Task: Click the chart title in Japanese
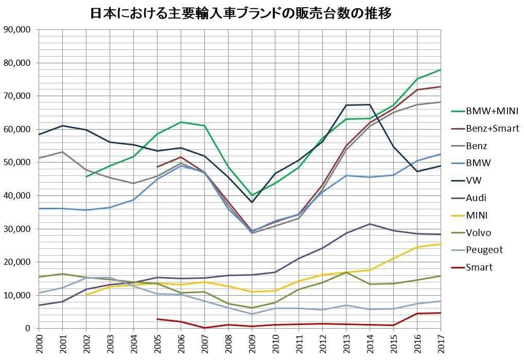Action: pyautogui.click(x=241, y=13)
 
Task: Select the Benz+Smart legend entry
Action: pyautogui.click(x=492, y=128)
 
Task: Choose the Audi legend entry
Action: pyautogui.click(x=476, y=198)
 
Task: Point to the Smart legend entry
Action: pyautogui.click(x=479, y=267)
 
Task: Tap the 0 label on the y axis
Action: pyautogui.click(x=28, y=329)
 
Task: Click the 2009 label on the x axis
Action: pyautogui.click(x=252, y=343)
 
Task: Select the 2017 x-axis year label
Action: pyautogui.click(x=441, y=343)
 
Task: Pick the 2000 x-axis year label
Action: pyautogui.click(x=39, y=343)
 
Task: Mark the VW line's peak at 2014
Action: pyautogui.click(x=370, y=104)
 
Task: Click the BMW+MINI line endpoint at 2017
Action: pyautogui.click(x=441, y=69)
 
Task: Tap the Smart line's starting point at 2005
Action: pyautogui.click(x=157, y=319)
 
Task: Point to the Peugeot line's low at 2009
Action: pyautogui.click(x=252, y=314)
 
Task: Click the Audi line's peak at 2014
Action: pyautogui.click(x=370, y=224)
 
